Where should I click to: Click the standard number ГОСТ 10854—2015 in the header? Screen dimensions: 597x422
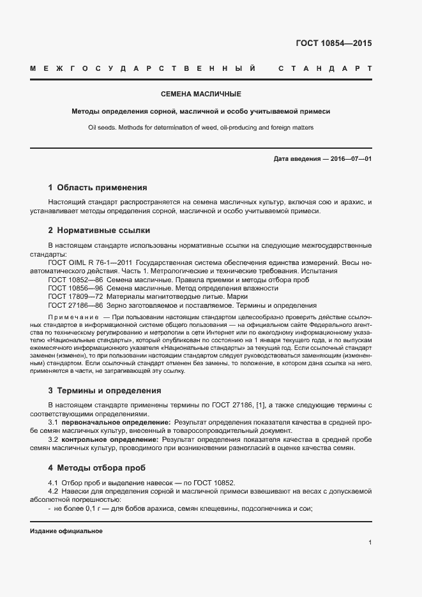point(333,43)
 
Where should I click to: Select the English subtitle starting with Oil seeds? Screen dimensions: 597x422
point(200,127)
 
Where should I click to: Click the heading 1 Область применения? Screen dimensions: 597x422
point(98,188)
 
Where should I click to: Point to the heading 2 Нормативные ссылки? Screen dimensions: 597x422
point(99,230)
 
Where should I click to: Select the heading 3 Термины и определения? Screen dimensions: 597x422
point(105,390)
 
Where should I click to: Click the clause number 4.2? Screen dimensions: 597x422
point(53,490)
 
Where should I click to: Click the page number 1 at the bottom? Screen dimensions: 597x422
point(370,542)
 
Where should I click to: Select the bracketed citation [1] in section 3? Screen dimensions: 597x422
point(262,405)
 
